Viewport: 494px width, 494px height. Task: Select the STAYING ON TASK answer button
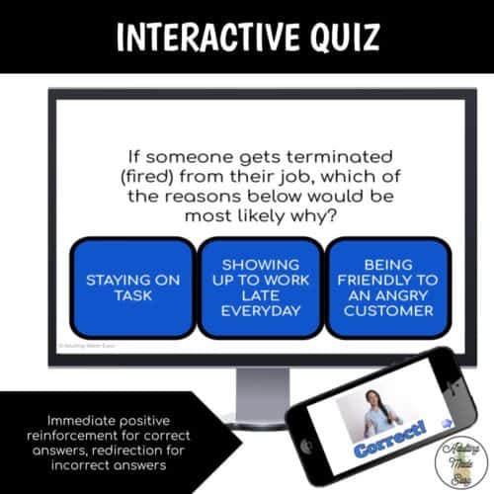point(133,287)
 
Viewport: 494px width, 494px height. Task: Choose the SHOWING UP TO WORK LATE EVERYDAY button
point(261,287)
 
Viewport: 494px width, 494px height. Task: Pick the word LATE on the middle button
point(261,294)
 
